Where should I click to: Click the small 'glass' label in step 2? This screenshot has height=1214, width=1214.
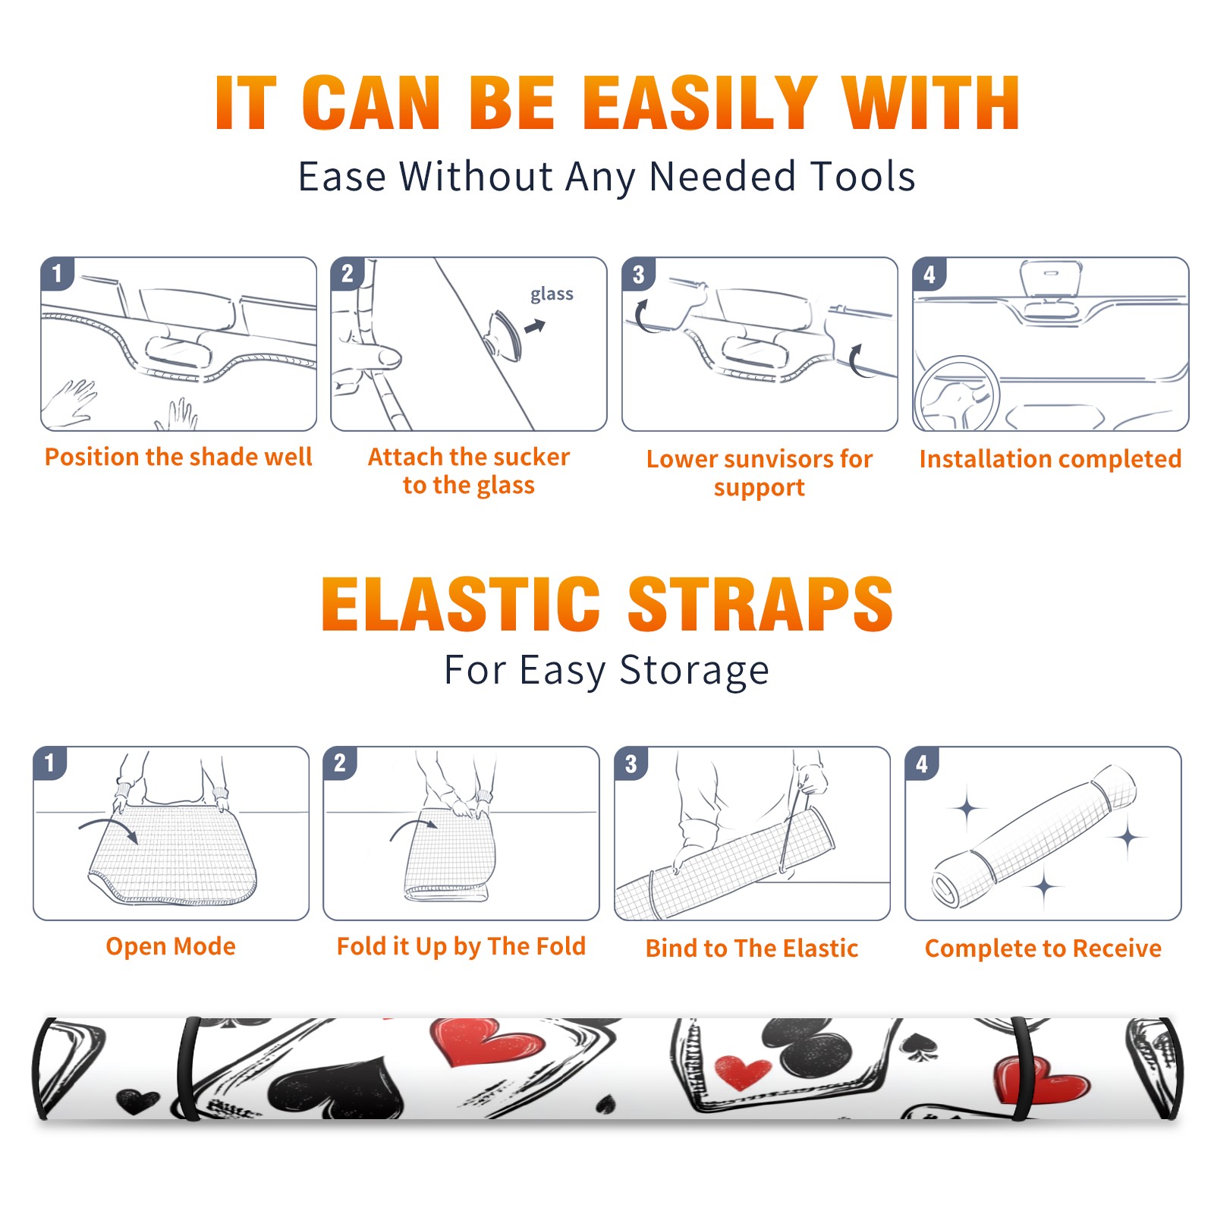coord(552,294)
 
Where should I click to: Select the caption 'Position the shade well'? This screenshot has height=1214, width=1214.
coord(178,457)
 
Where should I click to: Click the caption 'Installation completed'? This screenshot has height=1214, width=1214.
coord(1050,459)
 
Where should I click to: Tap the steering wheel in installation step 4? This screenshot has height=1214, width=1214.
coord(957,395)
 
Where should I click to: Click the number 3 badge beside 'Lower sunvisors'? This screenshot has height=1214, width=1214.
coord(638,274)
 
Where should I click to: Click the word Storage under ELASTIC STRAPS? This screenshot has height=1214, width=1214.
coord(694,671)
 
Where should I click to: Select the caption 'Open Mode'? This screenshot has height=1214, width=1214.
coord(171,946)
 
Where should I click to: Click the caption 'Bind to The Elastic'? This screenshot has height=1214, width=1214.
coord(751,948)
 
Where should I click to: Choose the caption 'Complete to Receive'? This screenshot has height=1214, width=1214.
coord(1043,948)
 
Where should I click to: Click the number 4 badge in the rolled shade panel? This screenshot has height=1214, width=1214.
coord(922,763)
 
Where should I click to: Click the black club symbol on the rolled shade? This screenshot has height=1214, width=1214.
coord(810,1048)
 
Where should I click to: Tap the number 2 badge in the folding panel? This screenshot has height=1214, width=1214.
coord(340,763)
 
